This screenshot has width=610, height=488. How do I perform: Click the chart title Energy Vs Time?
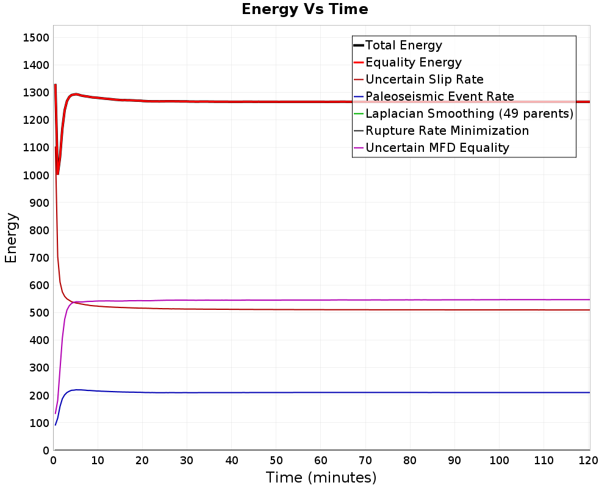(x=304, y=9)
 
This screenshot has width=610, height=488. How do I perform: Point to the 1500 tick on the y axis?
(x=36, y=38)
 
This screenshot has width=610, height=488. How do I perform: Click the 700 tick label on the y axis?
(x=39, y=257)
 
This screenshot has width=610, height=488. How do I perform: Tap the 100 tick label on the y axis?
(x=39, y=423)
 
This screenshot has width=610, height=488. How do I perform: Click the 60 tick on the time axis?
(x=321, y=461)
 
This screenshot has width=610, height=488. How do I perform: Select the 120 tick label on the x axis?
(x=588, y=461)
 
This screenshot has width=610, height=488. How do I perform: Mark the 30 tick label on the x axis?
(x=187, y=461)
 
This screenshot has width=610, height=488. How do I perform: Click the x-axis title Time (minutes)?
(x=321, y=478)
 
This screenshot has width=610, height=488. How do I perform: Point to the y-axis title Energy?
(x=11, y=238)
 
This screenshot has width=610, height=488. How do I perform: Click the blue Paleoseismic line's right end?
(x=590, y=392)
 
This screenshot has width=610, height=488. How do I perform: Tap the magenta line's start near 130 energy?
(x=56, y=414)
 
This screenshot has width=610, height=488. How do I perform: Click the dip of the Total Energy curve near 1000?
(x=57, y=174)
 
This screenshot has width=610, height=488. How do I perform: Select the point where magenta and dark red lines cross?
(x=74, y=303)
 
